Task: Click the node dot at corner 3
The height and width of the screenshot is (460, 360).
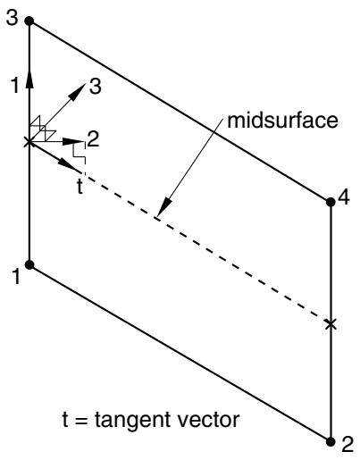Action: tap(29, 21)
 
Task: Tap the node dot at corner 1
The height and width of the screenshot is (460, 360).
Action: tap(29, 264)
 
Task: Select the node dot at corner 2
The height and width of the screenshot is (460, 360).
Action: tap(331, 442)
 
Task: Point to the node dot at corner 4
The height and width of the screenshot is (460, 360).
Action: tap(331, 202)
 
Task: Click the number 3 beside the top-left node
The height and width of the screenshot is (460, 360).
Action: tap(13, 18)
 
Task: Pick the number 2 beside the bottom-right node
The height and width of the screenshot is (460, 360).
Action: tap(347, 445)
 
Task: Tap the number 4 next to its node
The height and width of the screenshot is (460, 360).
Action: tap(344, 197)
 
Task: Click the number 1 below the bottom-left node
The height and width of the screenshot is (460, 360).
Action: tap(16, 276)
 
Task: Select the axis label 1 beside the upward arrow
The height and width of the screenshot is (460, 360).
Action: tap(15, 85)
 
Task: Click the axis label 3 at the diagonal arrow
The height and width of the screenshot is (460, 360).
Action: tap(95, 87)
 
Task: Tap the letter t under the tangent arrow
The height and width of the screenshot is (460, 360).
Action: tap(80, 186)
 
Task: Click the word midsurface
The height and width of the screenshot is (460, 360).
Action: tap(282, 121)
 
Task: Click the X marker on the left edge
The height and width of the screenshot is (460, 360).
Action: tap(29, 142)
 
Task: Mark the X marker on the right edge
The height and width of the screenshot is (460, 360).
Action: tap(331, 323)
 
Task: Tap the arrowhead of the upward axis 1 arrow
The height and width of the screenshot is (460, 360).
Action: tap(29, 79)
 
